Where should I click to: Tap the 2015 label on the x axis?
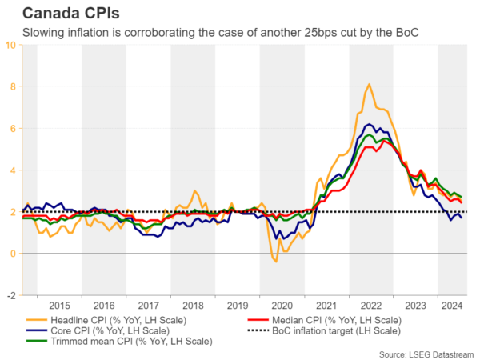(x=59, y=306)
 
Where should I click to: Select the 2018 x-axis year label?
(x=193, y=306)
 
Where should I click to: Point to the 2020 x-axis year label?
(x=282, y=306)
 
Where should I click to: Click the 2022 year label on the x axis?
(x=370, y=306)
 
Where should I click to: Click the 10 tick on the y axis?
(x=11, y=45)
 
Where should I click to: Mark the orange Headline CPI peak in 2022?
(x=368, y=84)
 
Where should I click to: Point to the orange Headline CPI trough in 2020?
(x=276, y=262)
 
